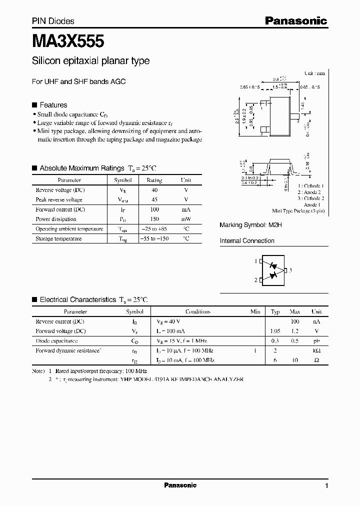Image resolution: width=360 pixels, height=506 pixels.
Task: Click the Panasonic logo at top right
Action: pos(295,21)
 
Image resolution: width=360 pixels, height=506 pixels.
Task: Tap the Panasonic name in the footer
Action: pos(180,485)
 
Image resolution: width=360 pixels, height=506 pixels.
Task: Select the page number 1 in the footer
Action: pos(326,486)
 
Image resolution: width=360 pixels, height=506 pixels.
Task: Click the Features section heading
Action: pos(53,105)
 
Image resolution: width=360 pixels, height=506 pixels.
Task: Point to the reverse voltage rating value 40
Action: pos(154,190)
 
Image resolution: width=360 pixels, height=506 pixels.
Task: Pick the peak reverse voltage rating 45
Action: pos(154,199)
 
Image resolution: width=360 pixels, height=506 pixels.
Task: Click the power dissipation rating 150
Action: pos(154,219)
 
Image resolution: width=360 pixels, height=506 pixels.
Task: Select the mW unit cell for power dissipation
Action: pos(186,219)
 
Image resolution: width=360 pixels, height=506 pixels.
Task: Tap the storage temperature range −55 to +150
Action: pos(154,239)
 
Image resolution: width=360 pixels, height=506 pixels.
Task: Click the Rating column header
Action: pos(154,180)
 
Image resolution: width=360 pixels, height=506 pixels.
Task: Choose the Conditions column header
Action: pos(197,311)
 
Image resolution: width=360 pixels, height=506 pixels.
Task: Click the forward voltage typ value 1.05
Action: pos(275,331)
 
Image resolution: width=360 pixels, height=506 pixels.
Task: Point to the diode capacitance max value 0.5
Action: pos(295,341)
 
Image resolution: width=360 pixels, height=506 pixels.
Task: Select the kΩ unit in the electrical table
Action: pos(316,350)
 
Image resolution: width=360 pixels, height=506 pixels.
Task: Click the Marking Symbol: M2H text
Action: pos(251,225)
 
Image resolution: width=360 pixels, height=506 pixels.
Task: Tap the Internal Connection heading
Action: pos(247,241)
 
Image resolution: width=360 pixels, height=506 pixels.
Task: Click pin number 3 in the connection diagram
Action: pos(290,270)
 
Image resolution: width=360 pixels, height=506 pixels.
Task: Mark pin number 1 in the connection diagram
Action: pos(255,261)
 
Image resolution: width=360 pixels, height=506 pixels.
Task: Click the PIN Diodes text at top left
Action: pos(53,21)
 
